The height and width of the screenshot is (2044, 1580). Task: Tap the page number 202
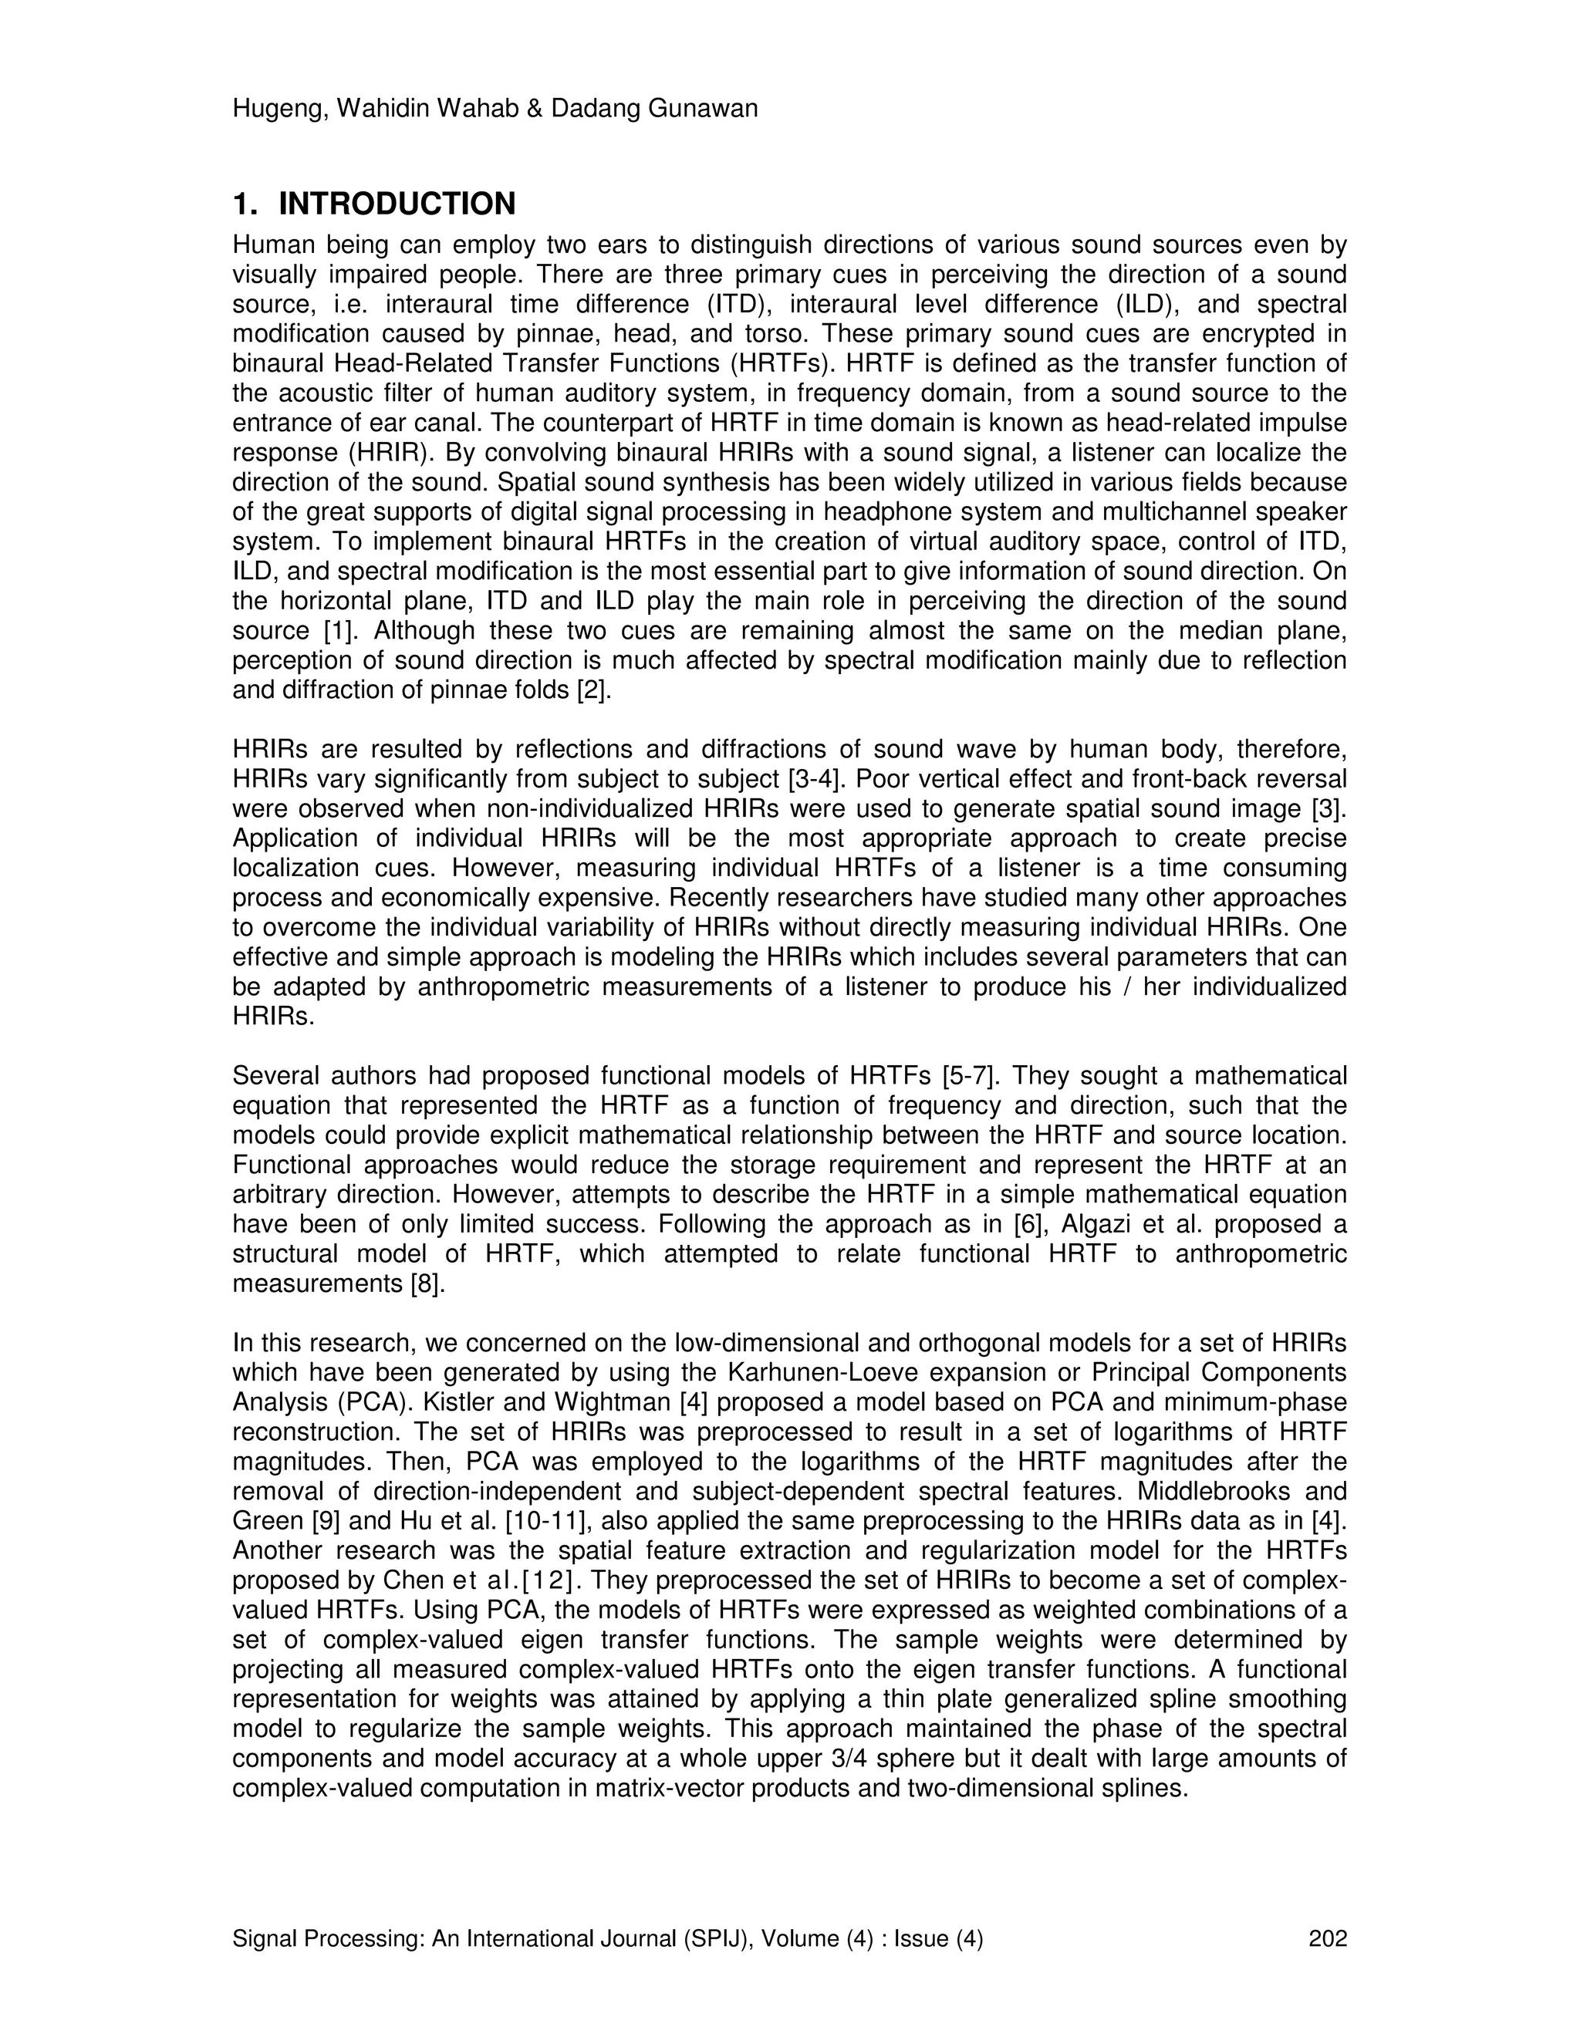1327,1938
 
